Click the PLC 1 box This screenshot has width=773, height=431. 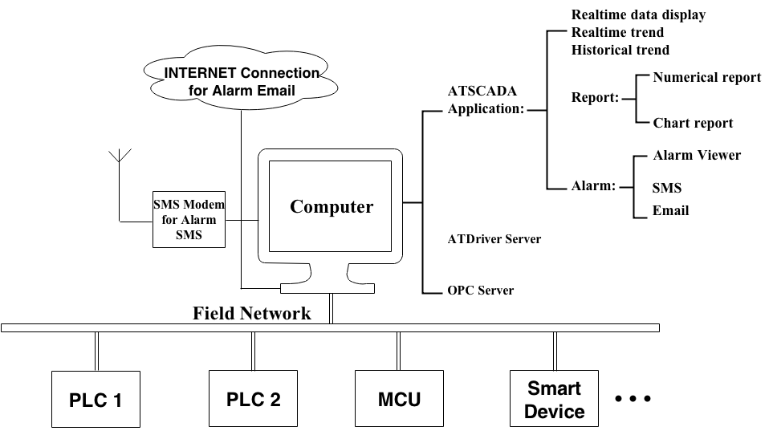click(x=95, y=399)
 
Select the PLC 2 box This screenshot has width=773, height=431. click(x=253, y=399)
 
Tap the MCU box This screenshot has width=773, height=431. click(x=399, y=399)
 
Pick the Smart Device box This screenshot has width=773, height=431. click(x=555, y=399)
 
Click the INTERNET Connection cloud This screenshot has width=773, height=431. click(x=241, y=81)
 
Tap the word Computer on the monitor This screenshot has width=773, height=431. click(x=332, y=207)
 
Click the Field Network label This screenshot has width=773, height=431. click(x=251, y=313)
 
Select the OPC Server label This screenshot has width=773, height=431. click(x=480, y=290)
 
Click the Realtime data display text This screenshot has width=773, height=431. click(x=638, y=14)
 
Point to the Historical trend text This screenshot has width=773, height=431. click(x=620, y=50)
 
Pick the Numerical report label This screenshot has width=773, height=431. click(x=706, y=78)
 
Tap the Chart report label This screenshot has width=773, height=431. click(x=693, y=123)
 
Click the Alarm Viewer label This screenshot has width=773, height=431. click(x=697, y=155)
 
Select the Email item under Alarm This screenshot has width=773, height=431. click(x=670, y=211)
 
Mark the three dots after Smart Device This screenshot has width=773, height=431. click(x=633, y=399)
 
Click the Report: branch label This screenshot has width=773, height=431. click(x=595, y=98)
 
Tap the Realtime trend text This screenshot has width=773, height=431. click(x=617, y=32)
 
